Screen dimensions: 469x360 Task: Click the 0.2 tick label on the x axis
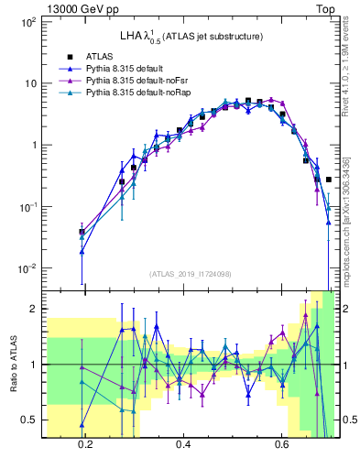point(86,444)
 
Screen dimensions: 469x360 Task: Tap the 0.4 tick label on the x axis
point(183,444)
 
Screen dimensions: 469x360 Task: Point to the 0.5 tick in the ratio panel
point(28,420)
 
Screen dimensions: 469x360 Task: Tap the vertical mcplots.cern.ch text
point(346,211)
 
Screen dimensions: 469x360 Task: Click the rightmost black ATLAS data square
point(328,180)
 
